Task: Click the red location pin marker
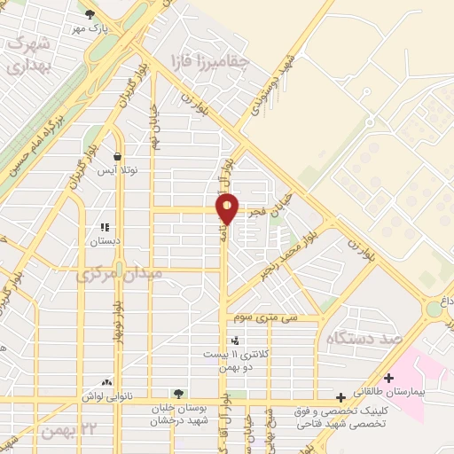[x=228, y=209]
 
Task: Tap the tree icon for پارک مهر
[x=90, y=13]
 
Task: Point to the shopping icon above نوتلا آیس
[x=117, y=156]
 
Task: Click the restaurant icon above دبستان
[x=105, y=227]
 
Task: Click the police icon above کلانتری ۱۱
[x=235, y=340]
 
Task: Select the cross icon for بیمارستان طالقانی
[x=388, y=378]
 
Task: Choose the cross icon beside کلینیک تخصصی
[x=340, y=398]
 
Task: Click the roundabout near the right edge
[x=434, y=308]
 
